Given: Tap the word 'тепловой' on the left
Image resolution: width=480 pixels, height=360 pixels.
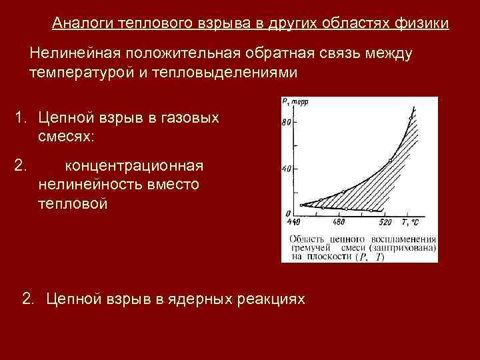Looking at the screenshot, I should click(73, 203).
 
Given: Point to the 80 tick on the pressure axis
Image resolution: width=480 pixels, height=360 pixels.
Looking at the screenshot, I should click(287, 123).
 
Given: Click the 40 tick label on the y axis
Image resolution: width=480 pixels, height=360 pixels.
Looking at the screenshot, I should click(287, 169).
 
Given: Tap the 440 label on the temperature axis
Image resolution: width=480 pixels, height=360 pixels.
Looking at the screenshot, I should click(294, 222).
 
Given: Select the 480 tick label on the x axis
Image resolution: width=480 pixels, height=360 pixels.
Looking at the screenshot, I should click(339, 222).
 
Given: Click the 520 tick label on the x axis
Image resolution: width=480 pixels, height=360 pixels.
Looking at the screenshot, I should click(385, 222).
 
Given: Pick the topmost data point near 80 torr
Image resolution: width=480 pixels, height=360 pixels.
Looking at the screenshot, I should click(411, 117).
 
